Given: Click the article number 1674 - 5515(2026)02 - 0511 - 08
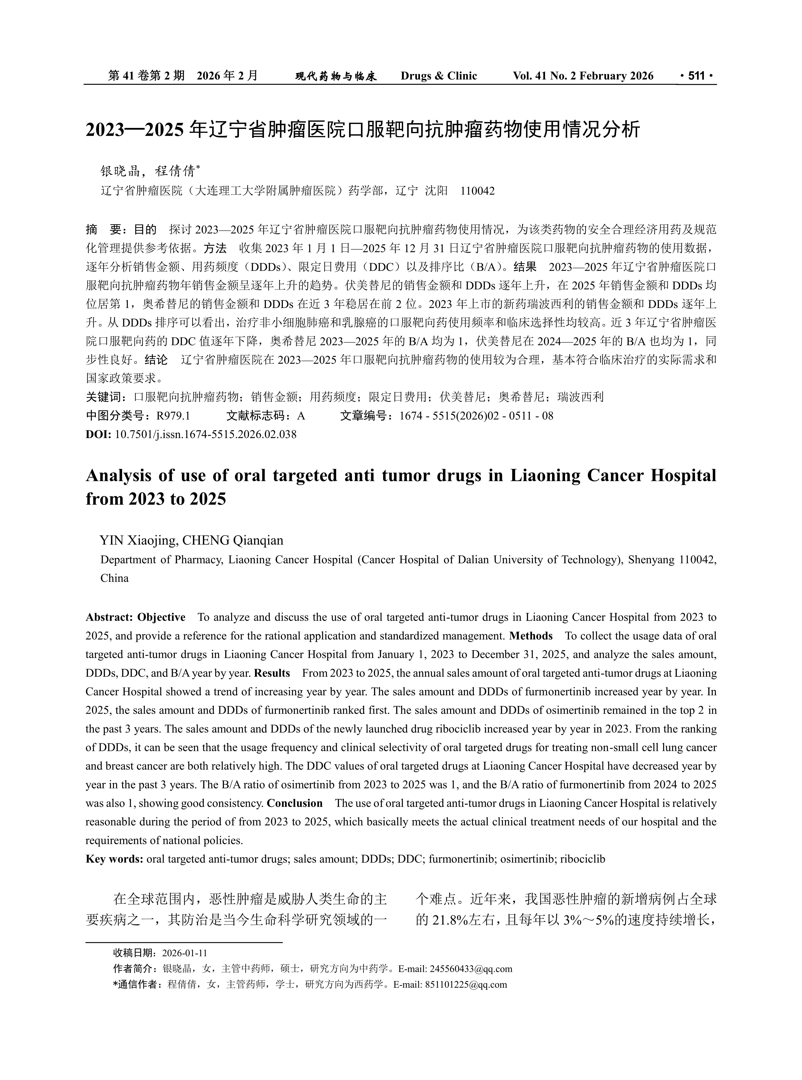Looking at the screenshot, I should [x=476, y=416].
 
